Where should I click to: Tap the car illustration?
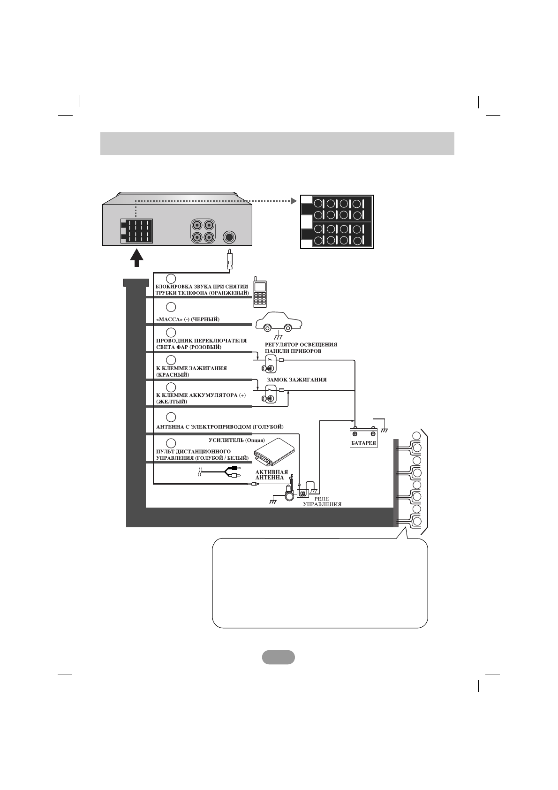(279, 323)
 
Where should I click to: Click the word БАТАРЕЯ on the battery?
(364, 442)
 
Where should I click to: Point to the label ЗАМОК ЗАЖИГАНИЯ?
(296, 380)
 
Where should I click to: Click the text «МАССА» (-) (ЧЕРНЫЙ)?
(188, 319)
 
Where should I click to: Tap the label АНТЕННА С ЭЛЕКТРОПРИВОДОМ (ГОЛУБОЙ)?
(219, 427)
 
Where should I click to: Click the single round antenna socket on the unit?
(229, 237)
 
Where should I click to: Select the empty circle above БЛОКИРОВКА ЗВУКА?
(171, 278)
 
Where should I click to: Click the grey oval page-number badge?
(279, 657)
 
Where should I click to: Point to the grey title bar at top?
(277, 144)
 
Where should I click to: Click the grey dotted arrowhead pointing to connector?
(294, 201)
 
